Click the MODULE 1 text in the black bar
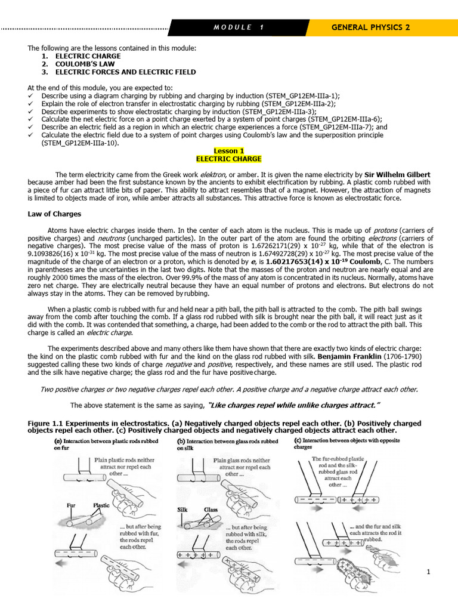pyautogui.click(x=238, y=27)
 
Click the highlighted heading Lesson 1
pyautogui.click(x=229, y=151)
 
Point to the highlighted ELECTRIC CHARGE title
pyautogui.click(x=229, y=159)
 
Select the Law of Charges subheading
pyautogui.click(x=55, y=214)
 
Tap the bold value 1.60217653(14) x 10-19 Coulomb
pyautogui.click(x=318, y=261)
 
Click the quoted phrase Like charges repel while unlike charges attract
pyautogui.click(x=294, y=405)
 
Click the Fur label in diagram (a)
pyautogui.click(x=71, y=505)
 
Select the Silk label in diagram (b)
pyautogui.click(x=182, y=510)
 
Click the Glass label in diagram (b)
pyautogui.click(x=209, y=510)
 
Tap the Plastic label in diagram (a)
pyautogui.click(x=102, y=505)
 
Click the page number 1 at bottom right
pyautogui.click(x=428, y=572)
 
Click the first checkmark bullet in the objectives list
pyautogui.click(x=31, y=95)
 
